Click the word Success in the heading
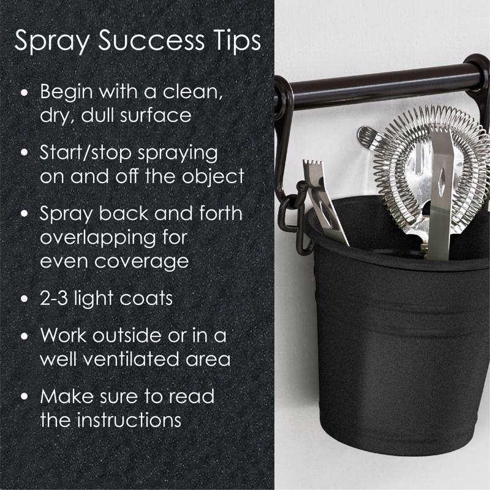[151, 40]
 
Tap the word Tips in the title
[237, 41]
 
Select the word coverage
[141, 262]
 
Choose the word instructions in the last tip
[129, 420]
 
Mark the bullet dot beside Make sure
[24, 396]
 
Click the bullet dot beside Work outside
[24, 336]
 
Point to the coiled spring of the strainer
[434, 162]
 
